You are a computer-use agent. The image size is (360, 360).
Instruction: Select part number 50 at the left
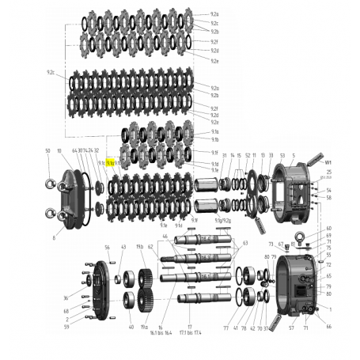(47, 150)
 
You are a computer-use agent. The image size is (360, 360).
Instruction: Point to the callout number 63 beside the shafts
(245, 243)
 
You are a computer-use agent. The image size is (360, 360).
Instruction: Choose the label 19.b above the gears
(140, 247)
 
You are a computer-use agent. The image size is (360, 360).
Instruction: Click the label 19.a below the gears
(145, 326)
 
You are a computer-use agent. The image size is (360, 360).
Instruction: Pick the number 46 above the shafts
(165, 236)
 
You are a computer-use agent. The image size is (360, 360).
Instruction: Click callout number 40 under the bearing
(131, 326)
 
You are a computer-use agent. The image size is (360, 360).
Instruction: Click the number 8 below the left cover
(54, 236)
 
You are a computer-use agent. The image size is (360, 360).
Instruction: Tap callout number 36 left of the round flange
(66, 297)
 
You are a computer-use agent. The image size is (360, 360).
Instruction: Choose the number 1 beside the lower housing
(330, 309)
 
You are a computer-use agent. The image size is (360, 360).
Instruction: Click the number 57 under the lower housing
(290, 327)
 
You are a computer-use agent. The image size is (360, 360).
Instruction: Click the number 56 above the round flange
(108, 247)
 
